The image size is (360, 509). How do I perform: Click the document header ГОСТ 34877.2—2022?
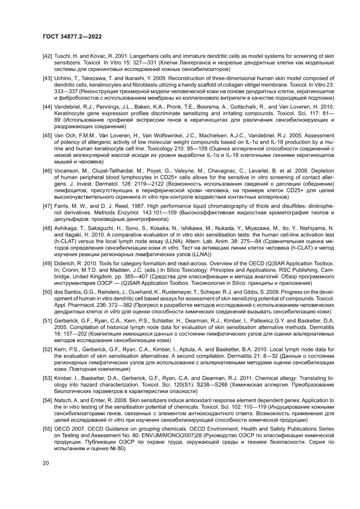coord(72,37)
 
